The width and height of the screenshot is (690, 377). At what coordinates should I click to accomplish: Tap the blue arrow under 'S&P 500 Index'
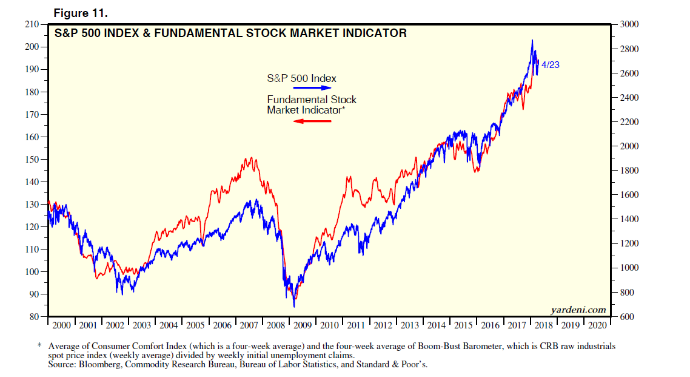pyautogui.click(x=314, y=88)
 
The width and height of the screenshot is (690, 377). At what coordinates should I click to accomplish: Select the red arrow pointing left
pyautogui.click(x=312, y=121)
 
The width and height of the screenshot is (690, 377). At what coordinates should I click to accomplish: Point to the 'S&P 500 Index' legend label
pyautogui.click(x=301, y=78)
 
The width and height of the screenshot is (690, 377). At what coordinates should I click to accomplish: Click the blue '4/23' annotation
pyautogui.click(x=550, y=64)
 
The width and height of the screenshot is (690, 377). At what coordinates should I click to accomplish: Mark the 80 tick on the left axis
pyautogui.click(x=33, y=316)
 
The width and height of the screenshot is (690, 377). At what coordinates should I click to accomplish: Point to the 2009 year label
pyautogui.click(x=302, y=325)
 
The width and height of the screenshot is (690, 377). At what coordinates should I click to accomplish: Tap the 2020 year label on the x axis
pyautogui.click(x=597, y=325)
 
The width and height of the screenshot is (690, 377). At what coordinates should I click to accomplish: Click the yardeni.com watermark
pyautogui.click(x=577, y=310)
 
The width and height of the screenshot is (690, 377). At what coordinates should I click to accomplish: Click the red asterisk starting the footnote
pyautogui.click(x=40, y=345)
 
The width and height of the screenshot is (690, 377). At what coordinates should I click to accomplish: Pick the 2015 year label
pyautogui.click(x=463, y=325)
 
